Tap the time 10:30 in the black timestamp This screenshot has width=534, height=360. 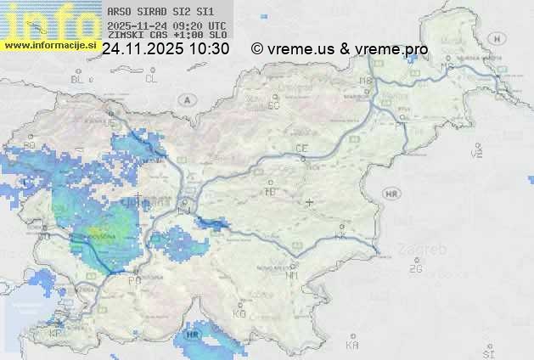point(209,49)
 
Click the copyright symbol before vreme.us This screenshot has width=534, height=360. point(257,49)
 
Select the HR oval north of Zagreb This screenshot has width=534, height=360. point(391,194)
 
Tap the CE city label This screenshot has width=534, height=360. point(301,148)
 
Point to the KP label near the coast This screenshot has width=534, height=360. point(56,333)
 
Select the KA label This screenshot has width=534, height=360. point(352,345)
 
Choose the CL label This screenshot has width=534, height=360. point(151,79)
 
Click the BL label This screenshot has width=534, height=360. point(77,79)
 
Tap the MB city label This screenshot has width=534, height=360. point(367,81)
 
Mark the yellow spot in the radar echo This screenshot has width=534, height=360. point(97,230)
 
